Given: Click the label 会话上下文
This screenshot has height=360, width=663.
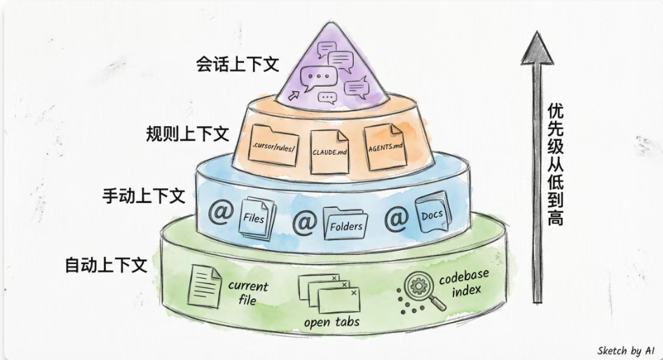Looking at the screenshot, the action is (237, 64).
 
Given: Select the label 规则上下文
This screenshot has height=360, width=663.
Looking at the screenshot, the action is (187, 134).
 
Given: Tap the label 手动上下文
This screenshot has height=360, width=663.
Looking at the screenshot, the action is (144, 196).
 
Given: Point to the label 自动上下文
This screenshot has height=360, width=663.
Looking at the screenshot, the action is (106, 265).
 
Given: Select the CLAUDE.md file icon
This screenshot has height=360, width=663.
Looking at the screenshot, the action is (330, 151).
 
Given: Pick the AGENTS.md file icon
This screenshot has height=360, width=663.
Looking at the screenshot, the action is (385, 146).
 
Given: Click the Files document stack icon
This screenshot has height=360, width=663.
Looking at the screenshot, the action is (257, 219).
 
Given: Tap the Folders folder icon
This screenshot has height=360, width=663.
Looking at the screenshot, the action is (345, 223).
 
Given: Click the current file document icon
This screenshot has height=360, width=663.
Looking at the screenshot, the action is (204, 286).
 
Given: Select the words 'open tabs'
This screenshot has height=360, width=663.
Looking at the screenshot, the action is (331, 322).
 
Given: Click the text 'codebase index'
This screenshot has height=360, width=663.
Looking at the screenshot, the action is (464, 283).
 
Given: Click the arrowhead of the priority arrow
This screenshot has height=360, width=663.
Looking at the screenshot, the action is (537, 48).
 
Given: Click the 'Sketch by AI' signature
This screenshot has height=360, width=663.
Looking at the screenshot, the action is (626, 351).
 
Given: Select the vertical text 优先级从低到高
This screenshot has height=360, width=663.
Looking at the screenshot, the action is (556, 165).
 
